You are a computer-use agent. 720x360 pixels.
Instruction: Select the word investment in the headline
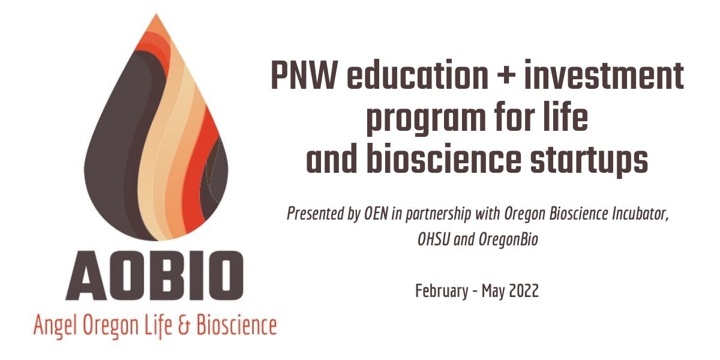(x=604, y=74)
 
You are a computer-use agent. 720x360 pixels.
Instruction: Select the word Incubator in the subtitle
(x=640, y=214)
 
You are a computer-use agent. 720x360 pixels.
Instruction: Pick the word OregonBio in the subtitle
(x=508, y=241)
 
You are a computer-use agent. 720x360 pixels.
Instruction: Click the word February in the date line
(x=442, y=291)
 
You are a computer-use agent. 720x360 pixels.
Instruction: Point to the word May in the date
(x=494, y=292)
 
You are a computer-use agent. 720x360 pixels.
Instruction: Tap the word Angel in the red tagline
(x=56, y=326)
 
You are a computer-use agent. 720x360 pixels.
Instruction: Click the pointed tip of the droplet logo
(x=156, y=14)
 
